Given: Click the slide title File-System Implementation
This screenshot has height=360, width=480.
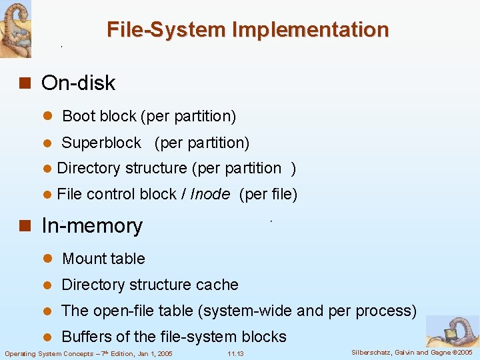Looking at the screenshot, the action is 247,30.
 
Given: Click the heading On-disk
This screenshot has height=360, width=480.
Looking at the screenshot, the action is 78,83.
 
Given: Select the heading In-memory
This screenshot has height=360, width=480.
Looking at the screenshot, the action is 92,226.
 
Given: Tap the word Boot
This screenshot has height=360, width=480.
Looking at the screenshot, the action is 79,116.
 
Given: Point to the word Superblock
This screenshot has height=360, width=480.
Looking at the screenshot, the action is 101,143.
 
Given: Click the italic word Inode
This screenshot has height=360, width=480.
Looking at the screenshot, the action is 210,195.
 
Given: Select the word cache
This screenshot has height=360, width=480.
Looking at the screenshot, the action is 215,285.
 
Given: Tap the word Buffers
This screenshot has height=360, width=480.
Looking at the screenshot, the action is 87,337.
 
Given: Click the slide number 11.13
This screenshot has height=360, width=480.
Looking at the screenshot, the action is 235,353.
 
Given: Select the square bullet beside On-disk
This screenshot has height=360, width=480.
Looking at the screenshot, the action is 26,83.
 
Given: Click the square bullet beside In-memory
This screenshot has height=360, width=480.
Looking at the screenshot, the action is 26,227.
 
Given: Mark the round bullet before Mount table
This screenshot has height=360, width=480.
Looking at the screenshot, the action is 47,259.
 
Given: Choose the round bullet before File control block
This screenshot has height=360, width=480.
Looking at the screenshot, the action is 47,195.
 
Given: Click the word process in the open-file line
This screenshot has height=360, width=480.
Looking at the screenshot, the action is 388,311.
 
